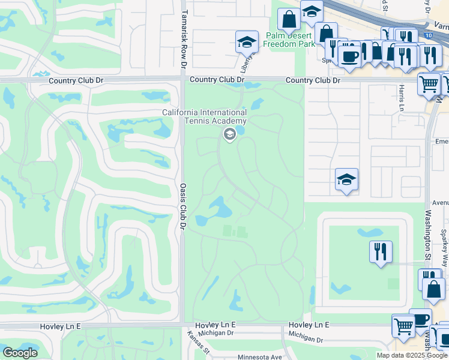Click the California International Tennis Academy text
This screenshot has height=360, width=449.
[204, 117]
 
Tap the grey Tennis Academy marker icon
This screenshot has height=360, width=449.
[229, 135]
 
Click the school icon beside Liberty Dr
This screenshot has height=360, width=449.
[246, 41]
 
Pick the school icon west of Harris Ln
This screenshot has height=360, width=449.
[346, 179]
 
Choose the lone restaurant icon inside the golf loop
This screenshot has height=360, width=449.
[381, 251]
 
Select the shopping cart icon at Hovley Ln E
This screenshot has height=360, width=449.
[403, 326]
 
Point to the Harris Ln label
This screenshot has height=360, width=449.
[401, 97]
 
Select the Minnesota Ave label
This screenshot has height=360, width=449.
[260, 357]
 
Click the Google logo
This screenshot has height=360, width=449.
[20, 353]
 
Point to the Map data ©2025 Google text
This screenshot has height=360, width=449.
[411, 355]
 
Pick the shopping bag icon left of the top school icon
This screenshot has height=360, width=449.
[289, 19]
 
